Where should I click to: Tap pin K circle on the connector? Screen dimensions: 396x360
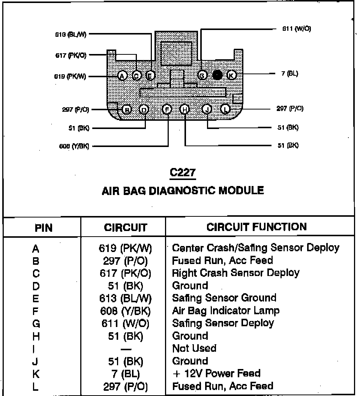tap(231, 75)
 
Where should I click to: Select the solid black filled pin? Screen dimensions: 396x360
tap(217, 75)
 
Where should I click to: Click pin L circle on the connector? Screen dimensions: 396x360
tap(225, 109)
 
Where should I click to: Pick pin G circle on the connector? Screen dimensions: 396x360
tap(202, 75)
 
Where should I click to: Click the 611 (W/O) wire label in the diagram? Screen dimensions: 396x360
tap(296, 28)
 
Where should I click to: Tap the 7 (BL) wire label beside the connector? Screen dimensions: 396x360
tap(290, 74)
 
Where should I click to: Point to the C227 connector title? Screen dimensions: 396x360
tap(183, 172)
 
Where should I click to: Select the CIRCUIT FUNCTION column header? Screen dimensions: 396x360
tap(256, 226)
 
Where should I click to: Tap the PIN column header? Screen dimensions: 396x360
tap(43, 228)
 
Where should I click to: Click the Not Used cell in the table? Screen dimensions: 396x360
tap(194, 348)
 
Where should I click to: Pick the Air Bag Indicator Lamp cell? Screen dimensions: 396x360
tap(225, 310)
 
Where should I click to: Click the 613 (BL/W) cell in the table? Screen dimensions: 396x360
tap(125, 298)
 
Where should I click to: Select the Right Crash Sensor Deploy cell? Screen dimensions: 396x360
tap(235, 273)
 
